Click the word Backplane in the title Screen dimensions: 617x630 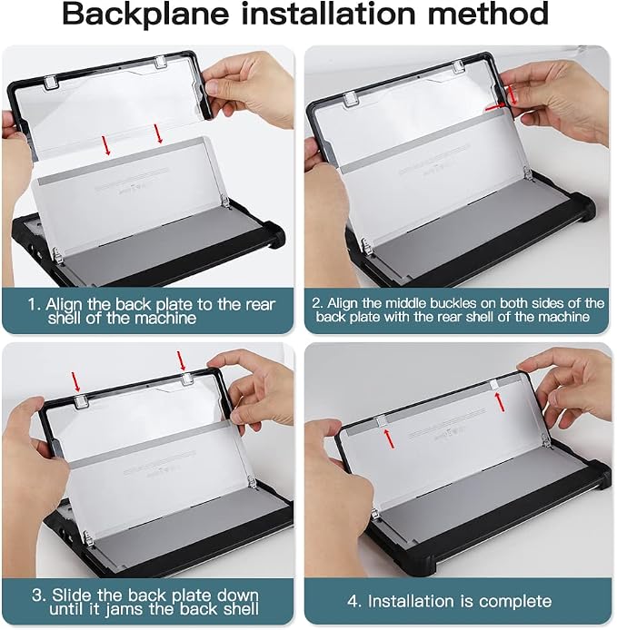(x=145, y=15)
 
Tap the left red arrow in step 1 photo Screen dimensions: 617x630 (x=105, y=145)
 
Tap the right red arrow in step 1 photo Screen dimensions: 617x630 (x=158, y=133)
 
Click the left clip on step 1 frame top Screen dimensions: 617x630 (x=51, y=82)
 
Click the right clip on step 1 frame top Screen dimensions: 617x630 (x=160, y=62)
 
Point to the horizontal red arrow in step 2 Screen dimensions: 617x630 (x=495, y=107)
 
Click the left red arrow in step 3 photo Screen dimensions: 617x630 (x=75, y=381)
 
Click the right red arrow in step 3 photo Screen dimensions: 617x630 (x=181, y=360)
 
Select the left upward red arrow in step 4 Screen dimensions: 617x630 (x=389, y=438)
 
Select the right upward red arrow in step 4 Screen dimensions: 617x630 (x=500, y=402)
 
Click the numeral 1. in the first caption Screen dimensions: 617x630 (x=35, y=304)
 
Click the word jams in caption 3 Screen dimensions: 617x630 (x=124, y=609)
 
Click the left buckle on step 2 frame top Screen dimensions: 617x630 (x=351, y=98)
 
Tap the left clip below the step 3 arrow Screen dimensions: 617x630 (x=81, y=400)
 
